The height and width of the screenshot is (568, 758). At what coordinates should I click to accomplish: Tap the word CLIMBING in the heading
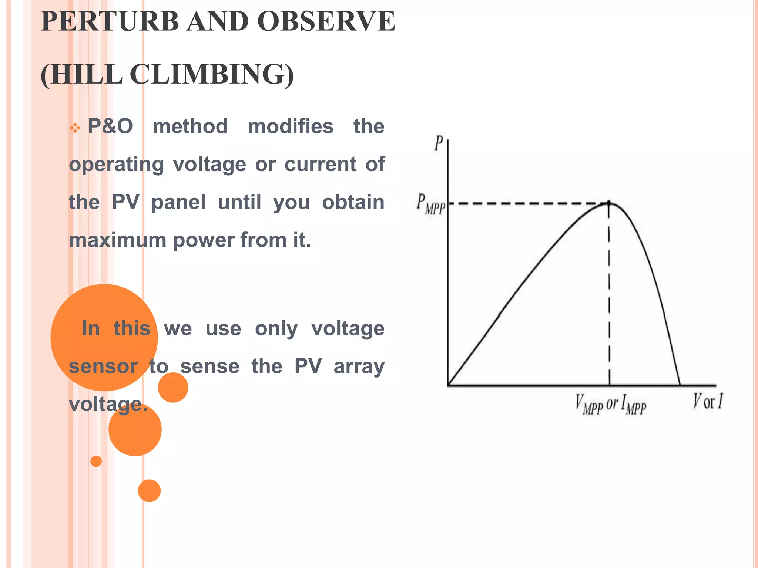(x=212, y=74)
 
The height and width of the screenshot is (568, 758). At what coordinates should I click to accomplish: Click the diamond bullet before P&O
(x=75, y=128)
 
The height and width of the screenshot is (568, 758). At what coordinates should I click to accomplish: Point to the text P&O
(x=110, y=126)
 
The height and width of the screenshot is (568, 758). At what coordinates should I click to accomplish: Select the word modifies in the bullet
(x=291, y=126)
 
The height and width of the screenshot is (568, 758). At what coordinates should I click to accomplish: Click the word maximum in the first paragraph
(x=118, y=240)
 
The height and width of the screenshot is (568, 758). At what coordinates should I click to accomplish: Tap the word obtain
(x=353, y=202)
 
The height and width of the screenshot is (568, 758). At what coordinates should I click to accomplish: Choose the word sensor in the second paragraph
(x=103, y=366)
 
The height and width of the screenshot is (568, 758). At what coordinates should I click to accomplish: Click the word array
(x=359, y=366)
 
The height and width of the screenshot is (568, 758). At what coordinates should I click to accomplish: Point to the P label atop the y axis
(x=439, y=143)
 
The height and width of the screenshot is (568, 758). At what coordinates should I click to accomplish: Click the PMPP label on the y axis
(x=430, y=204)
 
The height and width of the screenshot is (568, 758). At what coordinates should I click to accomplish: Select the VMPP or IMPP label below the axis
(x=611, y=405)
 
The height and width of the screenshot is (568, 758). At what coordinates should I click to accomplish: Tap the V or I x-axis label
(x=707, y=402)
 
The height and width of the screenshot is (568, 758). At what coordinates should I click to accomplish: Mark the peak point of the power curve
(x=609, y=203)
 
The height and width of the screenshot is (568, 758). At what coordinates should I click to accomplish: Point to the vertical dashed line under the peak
(x=609, y=296)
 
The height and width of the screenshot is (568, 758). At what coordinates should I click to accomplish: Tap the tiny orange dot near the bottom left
(x=96, y=461)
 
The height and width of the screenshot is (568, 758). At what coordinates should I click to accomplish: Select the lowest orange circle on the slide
(x=149, y=491)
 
